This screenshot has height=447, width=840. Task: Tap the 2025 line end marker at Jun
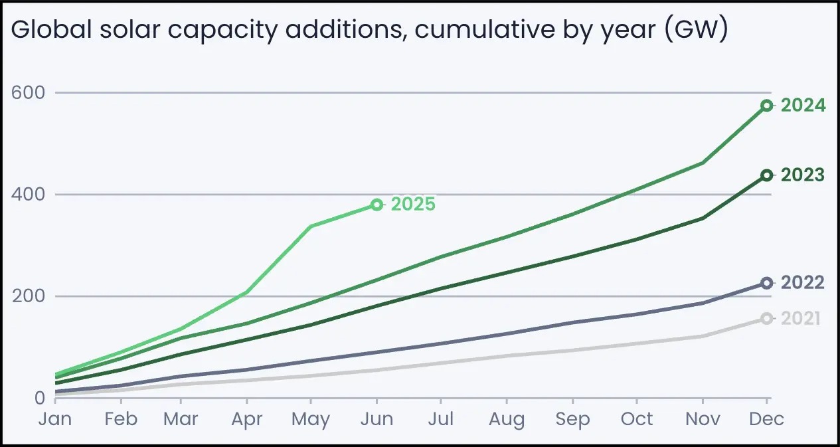coord(377,205)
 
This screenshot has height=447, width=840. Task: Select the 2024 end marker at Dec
coord(766,105)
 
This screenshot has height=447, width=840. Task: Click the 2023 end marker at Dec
coord(766,175)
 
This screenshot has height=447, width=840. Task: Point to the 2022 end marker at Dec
coord(766,283)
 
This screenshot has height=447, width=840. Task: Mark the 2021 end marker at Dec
coord(766,319)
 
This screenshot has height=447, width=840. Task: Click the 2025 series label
coord(413,204)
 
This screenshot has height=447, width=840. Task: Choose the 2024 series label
coord(803,105)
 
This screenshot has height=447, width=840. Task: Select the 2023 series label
coord(803,175)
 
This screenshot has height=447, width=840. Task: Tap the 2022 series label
coord(803,283)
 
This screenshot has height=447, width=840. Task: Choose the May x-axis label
coord(311,419)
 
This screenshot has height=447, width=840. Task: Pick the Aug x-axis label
coord(506,419)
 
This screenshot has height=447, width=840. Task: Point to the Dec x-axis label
coord(767,419)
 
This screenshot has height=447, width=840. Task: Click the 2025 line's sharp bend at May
coord(311,226)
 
